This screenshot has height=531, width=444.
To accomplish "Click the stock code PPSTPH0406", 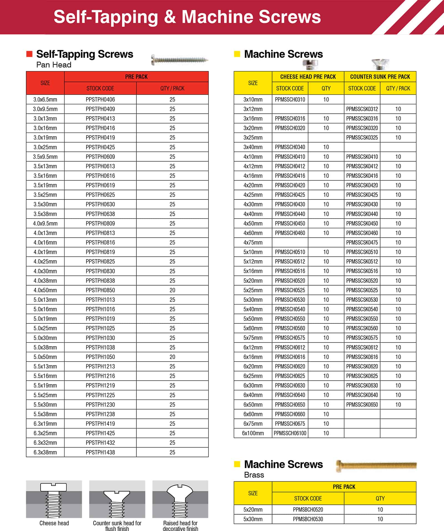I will coord(100,99).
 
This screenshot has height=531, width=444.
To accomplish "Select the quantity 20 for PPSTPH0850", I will coord(172,290).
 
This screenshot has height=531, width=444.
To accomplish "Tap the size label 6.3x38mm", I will coord(45,452).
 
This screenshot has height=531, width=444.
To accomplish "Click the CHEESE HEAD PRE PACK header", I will coord(308,77).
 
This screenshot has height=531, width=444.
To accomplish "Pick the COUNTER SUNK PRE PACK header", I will coord(380,77).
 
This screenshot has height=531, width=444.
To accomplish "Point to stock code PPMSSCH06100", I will coord(290,433).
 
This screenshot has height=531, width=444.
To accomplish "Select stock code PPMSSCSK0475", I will coord(362,242).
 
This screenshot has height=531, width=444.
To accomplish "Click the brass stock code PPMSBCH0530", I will coord(308,519).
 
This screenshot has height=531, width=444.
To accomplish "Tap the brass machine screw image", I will coord(376,465).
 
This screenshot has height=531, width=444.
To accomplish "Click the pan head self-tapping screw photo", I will coord(180,60).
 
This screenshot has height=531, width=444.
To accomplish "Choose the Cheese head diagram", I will coord(54,499).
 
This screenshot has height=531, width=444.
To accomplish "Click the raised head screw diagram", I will coord(180,499).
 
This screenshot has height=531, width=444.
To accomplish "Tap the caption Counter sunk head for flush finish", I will coord(117,526).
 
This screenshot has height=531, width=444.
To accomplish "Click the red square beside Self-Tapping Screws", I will coord(29,54).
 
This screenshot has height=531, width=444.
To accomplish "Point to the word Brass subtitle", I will coord(254,475).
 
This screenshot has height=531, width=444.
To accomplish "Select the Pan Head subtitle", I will coord(54,65).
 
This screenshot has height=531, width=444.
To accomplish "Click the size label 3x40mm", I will coord(253,147).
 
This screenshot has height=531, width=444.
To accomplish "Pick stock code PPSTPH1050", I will coord(100,357).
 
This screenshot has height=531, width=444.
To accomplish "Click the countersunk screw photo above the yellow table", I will coord(380,64).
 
